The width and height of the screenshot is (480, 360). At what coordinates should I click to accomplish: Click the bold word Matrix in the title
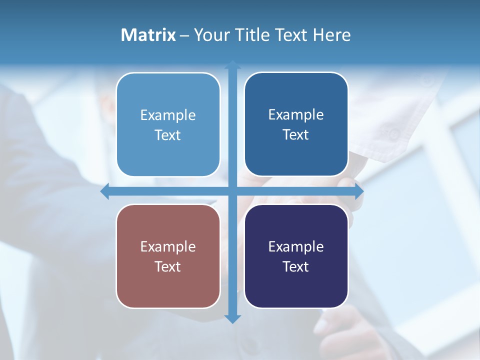click(148, 35)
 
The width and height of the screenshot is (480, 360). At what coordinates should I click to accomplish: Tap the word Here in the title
click(331, 35)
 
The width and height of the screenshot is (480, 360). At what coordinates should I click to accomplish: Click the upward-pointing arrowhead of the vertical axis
click(232, 65)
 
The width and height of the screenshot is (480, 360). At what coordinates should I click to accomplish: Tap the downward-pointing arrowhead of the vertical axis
click(232, 318)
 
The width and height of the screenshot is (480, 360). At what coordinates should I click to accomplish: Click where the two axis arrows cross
click(232, 191)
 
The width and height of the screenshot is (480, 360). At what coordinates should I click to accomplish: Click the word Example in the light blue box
click(168, 115)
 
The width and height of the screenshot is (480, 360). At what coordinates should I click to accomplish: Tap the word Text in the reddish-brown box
click(168, 266)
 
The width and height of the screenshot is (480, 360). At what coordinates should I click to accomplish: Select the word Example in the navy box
click(296, 246)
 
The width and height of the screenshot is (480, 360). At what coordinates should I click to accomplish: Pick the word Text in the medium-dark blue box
click(296, 135)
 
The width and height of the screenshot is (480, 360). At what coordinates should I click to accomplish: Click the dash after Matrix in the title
click(184, 35)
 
